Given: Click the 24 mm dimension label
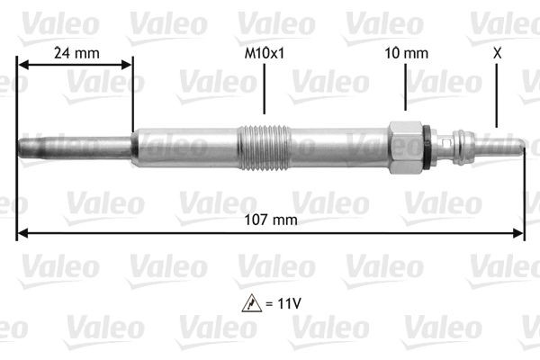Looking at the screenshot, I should point(76,53).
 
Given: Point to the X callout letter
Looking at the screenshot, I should point(497,53).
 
